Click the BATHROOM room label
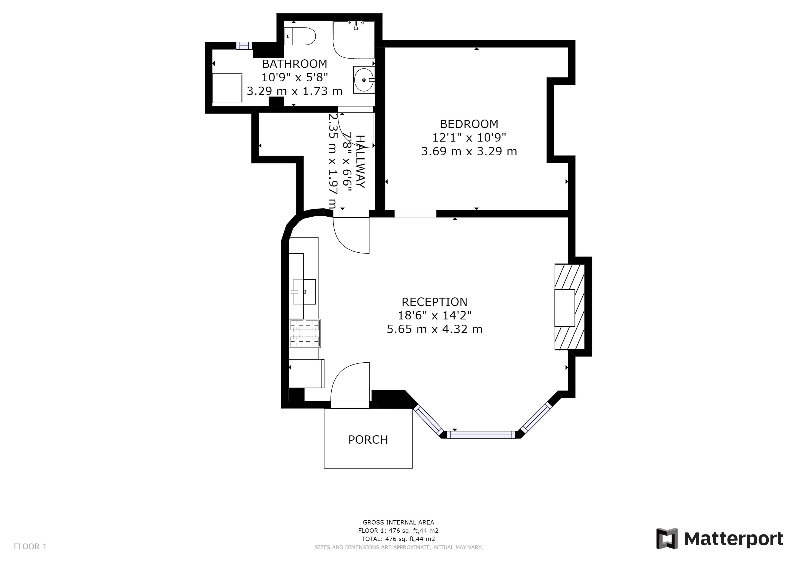(294, 64)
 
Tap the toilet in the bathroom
(300, 36)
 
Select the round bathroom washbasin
(364, 80)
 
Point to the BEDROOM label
(469, 124)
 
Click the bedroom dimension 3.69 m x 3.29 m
(469, 151)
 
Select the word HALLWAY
(361, 162)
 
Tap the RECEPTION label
(434, 302)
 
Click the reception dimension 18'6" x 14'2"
(434, 316)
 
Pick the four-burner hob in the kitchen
(305, 333)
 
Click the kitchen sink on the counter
(304, 292)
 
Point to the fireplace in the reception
(570, 307)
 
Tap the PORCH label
(368, 440)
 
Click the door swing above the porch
(350, 385)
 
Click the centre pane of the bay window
(481, 434)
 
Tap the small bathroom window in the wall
(244, 46)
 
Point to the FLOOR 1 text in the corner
(30, 547)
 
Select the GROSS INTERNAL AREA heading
(398, 522)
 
